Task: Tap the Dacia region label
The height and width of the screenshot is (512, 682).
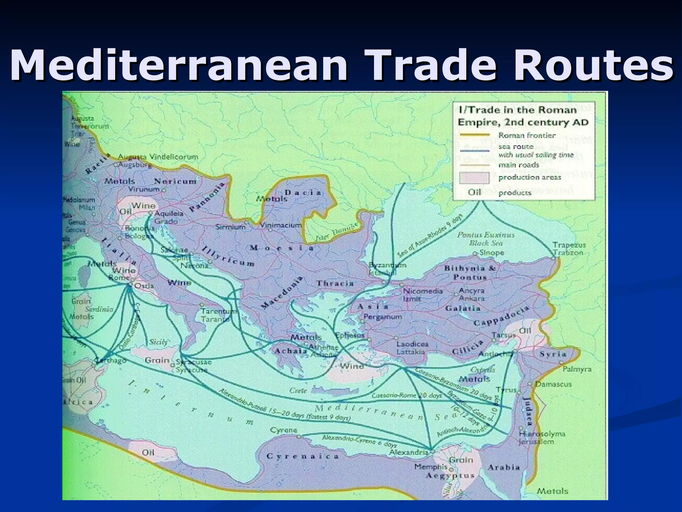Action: (x=303, y=193)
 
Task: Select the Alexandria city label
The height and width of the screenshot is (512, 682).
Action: (x=409, y=452)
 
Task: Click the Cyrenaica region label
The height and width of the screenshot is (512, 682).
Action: (x=303, y=456)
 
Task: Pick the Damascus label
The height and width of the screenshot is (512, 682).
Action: (x=553, y=384)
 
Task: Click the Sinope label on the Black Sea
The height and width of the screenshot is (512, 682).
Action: (x=492, y=253)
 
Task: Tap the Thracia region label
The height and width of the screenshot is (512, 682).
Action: (x=335, y=283)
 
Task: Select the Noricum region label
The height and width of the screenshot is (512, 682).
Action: (x=175, y=181)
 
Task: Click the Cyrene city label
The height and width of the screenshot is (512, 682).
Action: (x=284, y=430)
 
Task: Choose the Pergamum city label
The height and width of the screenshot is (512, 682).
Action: (x=382, y=317)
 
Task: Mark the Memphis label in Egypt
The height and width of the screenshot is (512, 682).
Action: (x=431, y=467)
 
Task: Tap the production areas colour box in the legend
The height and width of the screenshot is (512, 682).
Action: (x=474, y=178)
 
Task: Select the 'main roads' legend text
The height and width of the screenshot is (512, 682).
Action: (x=518, y=165)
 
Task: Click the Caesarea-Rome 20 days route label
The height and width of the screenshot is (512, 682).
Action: (x=406, y=396)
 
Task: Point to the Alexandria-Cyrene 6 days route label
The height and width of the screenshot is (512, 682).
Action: (x=359, y=441)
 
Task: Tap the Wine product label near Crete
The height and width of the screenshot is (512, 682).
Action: (x=352, y=366)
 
